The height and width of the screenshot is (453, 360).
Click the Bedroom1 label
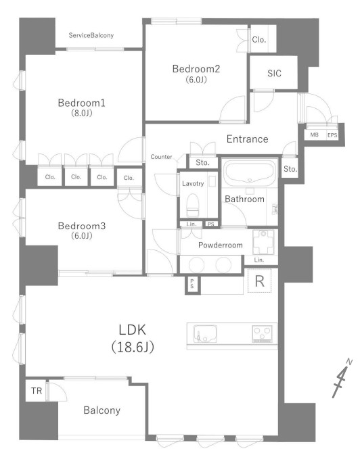point(82,103)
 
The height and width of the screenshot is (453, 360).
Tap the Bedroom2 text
point(196,69)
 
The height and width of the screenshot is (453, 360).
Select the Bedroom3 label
point(82,226)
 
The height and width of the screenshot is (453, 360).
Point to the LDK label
point(133,330)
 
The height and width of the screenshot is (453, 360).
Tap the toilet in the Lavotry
point(193,205)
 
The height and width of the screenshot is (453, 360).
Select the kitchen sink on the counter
point(205,334)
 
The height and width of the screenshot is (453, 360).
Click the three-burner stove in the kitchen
point(263,334)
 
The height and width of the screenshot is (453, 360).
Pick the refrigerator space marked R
point(259,281)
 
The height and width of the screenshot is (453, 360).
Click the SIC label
point(274,74)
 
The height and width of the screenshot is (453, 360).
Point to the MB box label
point(314,135)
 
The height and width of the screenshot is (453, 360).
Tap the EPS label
point(332,135)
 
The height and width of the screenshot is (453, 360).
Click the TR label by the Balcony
point(37,391)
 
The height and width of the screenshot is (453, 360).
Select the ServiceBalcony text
point(91,35)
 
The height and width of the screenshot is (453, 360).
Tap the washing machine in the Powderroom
point(263,242)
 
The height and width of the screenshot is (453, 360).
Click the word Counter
point(161,157)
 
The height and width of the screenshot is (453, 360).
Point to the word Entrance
point(247,139)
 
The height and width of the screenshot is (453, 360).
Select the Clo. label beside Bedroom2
point(258,40)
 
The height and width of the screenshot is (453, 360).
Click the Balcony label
point(102,410)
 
